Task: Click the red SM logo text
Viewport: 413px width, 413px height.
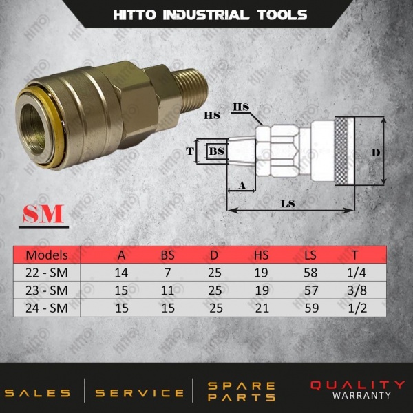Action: click(43, 213)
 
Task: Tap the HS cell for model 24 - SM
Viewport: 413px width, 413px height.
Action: click(262, 308)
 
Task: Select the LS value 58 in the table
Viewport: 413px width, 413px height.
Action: click(310, 273)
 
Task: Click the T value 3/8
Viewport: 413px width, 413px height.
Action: click(357, 290)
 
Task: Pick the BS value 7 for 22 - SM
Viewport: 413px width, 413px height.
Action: click(168, 273)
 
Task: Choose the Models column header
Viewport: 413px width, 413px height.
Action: click(47, 255)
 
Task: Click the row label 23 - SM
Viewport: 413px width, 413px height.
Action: click(47, 290)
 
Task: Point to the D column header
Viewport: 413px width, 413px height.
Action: click(214, 255)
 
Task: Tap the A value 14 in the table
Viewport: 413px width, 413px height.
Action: click(121, 273)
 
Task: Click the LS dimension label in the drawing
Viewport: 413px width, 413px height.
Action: click(288, 204)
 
